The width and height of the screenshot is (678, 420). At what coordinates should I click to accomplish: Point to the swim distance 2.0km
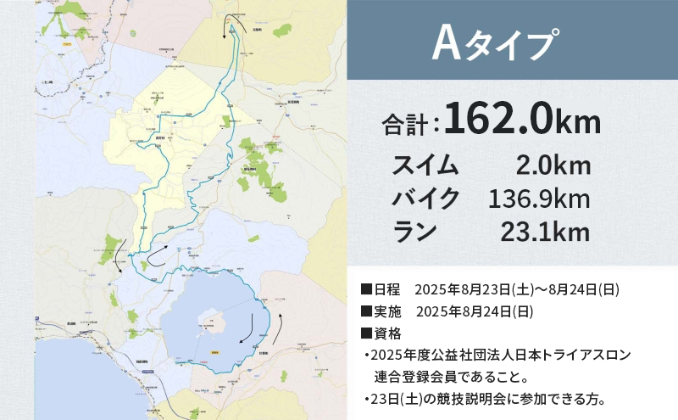pyautogui.click(x=553, y=165)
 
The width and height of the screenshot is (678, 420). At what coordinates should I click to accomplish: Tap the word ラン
pyautogui.click(x=414, y=231)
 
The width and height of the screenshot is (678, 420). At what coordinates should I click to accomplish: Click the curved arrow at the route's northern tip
pyautogui.click(x=228, y=28)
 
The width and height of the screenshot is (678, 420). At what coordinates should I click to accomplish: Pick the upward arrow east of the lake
pyautogui.click(x=281, y=322)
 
